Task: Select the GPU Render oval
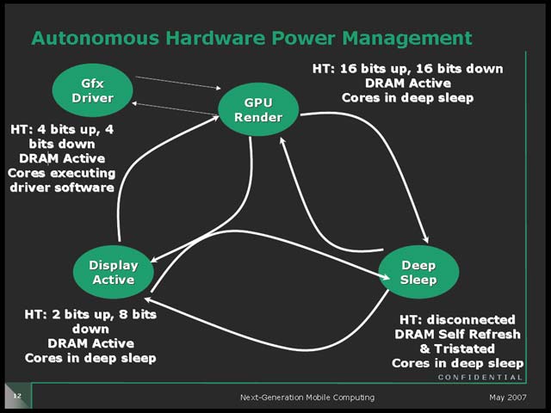tap(258, 109)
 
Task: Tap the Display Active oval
tap(114, 272)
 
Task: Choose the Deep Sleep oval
tap(418, 272)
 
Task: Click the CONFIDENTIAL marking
tap(480, 378)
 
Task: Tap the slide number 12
tap(16, 396)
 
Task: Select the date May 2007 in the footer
tap(506, 397)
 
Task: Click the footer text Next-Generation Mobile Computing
tap(306, 397)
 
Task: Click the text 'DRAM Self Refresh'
tap(457, 334)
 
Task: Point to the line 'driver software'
tap(62, 188)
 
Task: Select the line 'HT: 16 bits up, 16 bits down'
tap(407, 69)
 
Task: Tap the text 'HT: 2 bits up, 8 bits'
tap(90, 315)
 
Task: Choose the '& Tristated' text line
tap(457, 348)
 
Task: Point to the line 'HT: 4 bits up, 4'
tap(62, 129)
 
